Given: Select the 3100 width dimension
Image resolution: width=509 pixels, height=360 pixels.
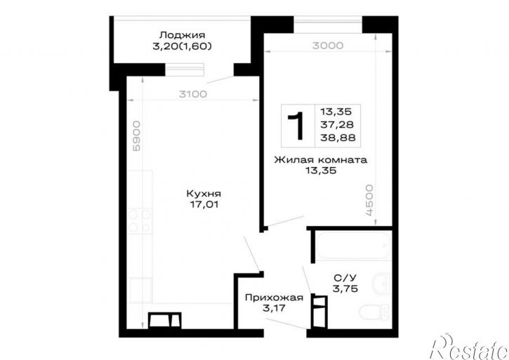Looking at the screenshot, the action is (193, 94).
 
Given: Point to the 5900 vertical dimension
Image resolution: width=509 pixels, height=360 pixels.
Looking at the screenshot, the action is (137, 135).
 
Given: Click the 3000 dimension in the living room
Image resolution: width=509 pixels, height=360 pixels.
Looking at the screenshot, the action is (328, 46).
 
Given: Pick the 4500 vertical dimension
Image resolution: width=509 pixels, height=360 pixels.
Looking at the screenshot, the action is (369, 200).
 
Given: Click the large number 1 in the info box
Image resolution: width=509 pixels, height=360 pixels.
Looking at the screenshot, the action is (296, 126).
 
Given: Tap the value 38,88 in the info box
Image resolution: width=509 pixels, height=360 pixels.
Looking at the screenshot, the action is (338, 138).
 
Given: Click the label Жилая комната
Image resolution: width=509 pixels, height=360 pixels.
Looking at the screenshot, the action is (321, 160).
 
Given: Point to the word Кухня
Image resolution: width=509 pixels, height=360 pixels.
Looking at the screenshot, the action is (204, 194).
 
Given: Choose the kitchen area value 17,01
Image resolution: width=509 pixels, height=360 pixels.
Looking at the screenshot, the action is (204, 204).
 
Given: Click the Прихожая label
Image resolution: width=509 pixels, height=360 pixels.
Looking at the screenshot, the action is (275, 298).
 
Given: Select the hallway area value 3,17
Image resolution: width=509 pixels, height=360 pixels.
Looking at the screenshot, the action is (275, 308).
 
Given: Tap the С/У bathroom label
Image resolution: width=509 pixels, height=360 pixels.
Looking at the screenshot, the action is (345, 278).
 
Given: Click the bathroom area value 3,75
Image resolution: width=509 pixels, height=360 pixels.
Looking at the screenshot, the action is (345, 288).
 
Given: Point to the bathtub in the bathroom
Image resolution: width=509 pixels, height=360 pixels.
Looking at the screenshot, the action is (354, 245).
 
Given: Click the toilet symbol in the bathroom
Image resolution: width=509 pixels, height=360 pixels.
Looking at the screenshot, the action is (374, 312).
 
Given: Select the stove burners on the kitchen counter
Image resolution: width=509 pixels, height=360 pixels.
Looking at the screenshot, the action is (140, 221).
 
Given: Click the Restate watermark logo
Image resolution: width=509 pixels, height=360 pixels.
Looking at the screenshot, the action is (469, 347).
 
